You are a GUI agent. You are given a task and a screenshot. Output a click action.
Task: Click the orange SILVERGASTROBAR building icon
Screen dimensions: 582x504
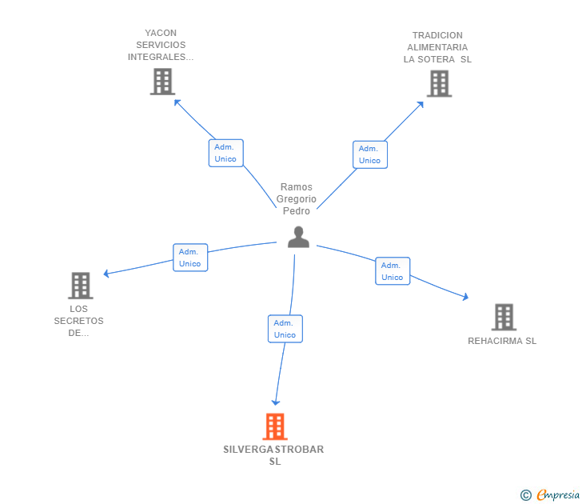(275, 426)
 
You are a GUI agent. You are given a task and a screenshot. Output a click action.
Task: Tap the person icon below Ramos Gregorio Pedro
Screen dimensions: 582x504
(298, 237)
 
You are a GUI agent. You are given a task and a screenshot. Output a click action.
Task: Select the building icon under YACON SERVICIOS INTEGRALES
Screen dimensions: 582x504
(162, 82)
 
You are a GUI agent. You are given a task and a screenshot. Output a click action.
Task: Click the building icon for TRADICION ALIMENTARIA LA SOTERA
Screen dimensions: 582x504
(439, 83)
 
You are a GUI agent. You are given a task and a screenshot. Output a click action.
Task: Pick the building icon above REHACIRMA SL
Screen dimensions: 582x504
(504, 317)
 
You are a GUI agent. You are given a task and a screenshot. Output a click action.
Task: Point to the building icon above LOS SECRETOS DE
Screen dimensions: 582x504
(81, 286)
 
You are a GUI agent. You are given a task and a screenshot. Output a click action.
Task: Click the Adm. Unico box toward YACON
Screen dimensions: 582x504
(225, 153)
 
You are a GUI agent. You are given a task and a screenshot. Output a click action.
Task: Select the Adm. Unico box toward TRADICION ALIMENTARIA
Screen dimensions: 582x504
(370, 154)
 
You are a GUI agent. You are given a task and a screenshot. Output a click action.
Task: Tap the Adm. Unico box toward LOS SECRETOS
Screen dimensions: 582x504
(190, 258)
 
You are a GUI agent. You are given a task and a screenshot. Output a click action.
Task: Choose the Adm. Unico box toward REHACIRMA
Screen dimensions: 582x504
(393, 271)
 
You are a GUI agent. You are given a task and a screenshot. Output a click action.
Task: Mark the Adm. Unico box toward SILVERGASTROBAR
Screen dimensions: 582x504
(285, 329)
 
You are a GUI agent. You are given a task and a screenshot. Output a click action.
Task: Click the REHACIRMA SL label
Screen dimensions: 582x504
(502, 341)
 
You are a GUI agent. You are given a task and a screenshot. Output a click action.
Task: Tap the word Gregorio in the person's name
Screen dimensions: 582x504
(296, 199)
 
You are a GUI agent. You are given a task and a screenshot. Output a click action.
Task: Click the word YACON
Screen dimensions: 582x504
(161, 33)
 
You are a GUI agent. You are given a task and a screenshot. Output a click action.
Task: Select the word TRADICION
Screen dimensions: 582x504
(437, 35)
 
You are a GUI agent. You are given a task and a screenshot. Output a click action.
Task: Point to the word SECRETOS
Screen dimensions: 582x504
(78, 321)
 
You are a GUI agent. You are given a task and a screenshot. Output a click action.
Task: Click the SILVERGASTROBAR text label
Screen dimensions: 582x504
(273, 455)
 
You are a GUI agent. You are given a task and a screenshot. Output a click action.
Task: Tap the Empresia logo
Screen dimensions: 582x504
(550, 494)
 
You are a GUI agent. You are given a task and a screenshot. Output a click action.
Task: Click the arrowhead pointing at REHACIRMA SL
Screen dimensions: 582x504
(465, 297)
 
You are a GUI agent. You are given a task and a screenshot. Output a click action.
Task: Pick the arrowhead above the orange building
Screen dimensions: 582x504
(275, 402)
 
